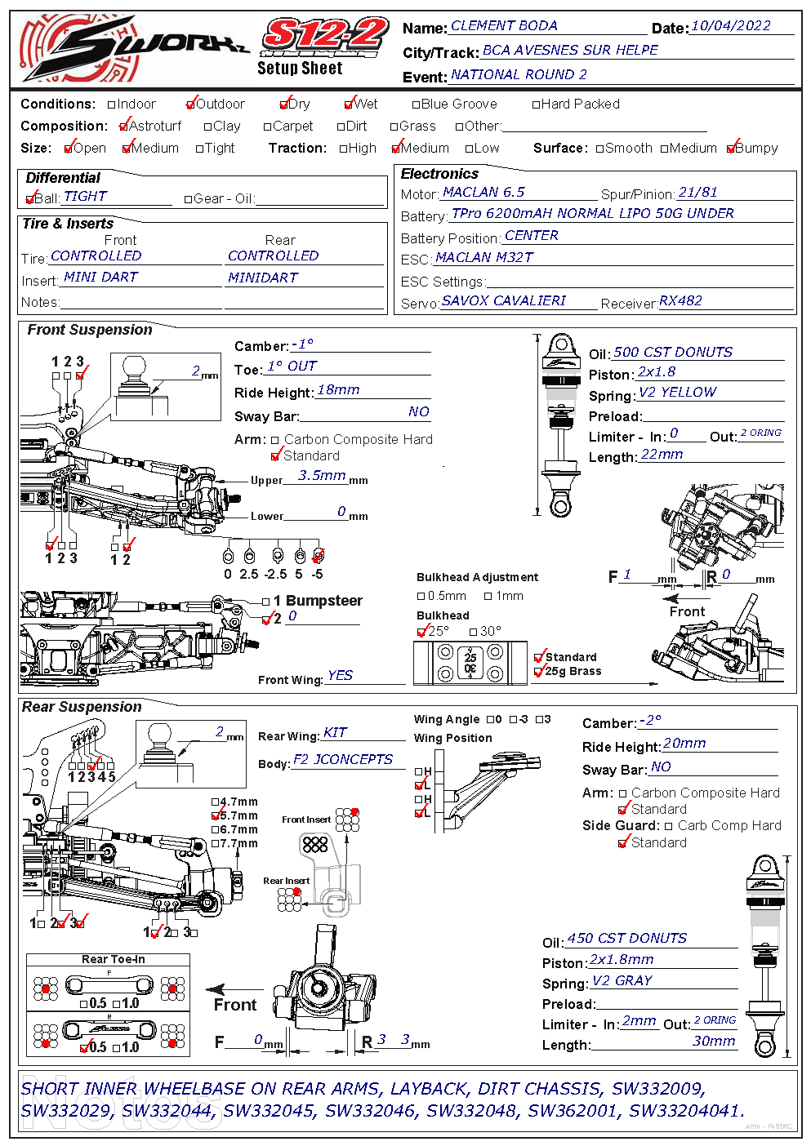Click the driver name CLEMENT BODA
[x=504, y=26]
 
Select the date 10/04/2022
[x=730, y=26]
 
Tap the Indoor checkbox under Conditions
[x=113, y=104]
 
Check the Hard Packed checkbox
[x=536, y=104]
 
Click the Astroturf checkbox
[x=124, y=127]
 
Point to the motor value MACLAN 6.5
[x=483, y=193]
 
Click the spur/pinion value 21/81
[x=697, y=193]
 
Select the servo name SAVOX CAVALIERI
[x=504, y=301]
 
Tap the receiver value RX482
[x=680, y=301]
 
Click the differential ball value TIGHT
[x=85, y=197]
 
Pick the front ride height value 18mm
[x=338, y=390]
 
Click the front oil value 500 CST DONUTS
[x=673, y=353]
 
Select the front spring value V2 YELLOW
[x=677, y=393]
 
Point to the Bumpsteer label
[x=324, y=601]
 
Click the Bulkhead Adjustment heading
[x=478, y=577]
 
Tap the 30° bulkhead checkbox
[x=474, y=632]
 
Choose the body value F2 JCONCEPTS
[x=343, y=760]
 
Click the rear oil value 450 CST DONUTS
[x=626, y=939]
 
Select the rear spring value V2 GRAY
[x=622, y=981]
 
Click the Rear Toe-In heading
[x=114, y=959]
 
